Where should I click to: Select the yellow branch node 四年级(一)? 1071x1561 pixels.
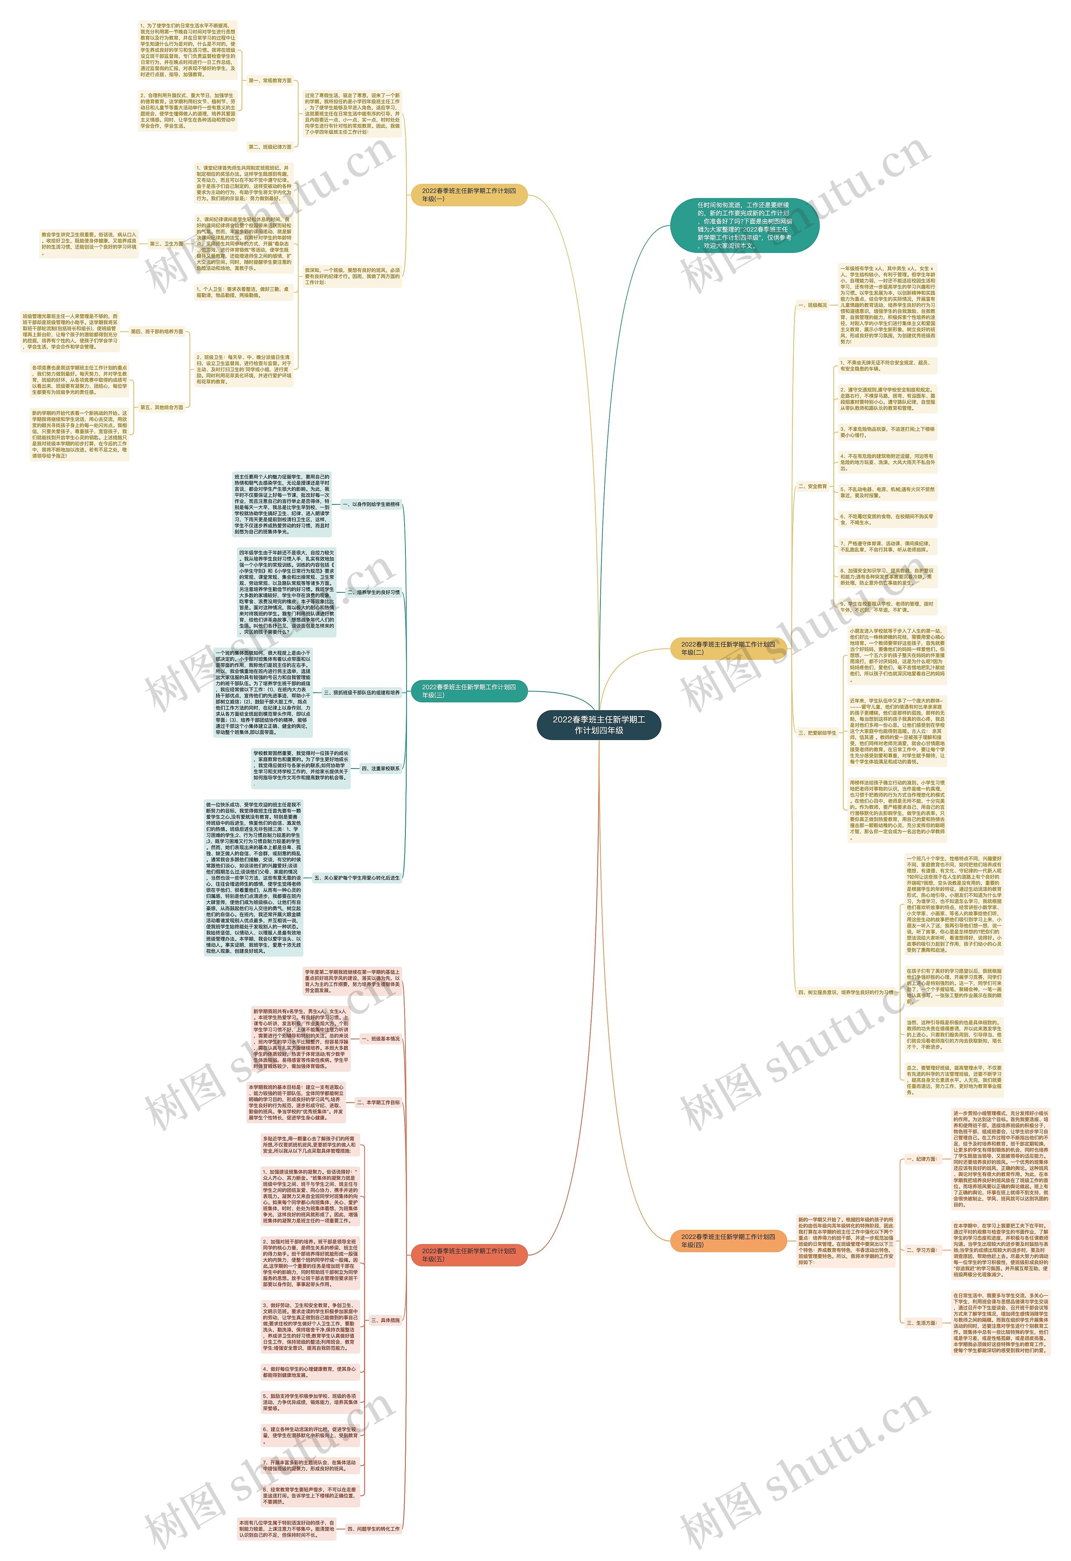[469, 195]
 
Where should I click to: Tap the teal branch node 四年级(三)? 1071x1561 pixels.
[469, 691]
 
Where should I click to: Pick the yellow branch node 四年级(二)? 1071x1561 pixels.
[728, 648]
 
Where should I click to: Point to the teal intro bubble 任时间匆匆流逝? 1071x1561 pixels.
[744, 225]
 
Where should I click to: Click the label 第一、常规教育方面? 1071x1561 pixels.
[270, 81]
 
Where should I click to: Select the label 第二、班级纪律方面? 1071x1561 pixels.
[270, 147]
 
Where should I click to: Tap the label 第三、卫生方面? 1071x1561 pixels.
[167, 244]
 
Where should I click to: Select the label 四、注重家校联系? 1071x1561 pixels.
[380, 769]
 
